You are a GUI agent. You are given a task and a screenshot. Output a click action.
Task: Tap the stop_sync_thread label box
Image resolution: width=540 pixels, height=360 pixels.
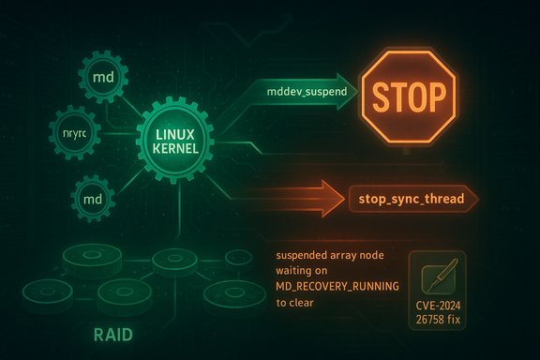pyautogui.click(x=412, y=200)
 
